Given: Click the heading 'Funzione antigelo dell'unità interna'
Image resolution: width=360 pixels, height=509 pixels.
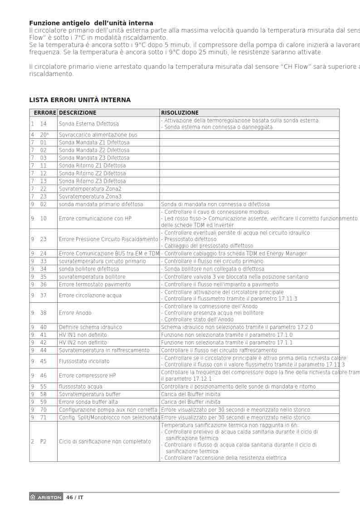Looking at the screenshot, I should [91, 23].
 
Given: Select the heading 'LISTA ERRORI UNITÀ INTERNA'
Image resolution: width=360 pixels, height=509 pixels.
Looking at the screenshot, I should [80, 100].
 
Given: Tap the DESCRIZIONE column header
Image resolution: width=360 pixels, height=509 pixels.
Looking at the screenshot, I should [78, 113].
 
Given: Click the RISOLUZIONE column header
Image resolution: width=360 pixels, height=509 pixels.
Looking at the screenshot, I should [180, 113].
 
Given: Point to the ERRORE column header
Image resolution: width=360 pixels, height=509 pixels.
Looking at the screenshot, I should [45, 113].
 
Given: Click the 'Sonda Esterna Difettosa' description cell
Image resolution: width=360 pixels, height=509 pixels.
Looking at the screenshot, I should [89, 124].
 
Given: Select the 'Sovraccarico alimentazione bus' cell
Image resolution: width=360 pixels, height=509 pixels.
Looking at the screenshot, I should [98, 135].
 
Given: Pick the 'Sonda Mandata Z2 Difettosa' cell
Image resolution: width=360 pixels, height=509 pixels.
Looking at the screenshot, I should [94, 150].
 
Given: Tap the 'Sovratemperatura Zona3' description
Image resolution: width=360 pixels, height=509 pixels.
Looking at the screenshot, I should [90, 196].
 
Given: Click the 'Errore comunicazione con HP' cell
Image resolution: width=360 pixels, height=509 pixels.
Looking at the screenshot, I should [95, 218].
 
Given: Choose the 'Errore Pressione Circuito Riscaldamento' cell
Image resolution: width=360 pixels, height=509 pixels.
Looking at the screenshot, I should [108, 239].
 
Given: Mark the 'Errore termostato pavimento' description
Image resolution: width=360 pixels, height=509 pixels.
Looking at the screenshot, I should [95, 285].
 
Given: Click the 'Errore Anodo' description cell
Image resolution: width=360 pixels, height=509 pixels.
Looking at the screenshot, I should [75, 313].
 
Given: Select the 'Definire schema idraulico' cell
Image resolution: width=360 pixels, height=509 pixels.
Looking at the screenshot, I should [90, 327].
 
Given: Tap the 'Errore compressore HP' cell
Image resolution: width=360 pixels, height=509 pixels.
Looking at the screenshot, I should [88, 375].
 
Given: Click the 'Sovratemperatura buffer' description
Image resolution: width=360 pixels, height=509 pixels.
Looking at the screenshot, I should [90, 394].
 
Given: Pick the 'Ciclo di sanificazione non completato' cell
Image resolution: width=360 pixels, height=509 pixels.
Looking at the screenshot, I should [105, 441].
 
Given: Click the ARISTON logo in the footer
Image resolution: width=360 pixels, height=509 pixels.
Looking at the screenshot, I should [46, 497].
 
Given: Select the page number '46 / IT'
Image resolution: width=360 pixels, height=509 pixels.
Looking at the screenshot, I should [75, 497].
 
